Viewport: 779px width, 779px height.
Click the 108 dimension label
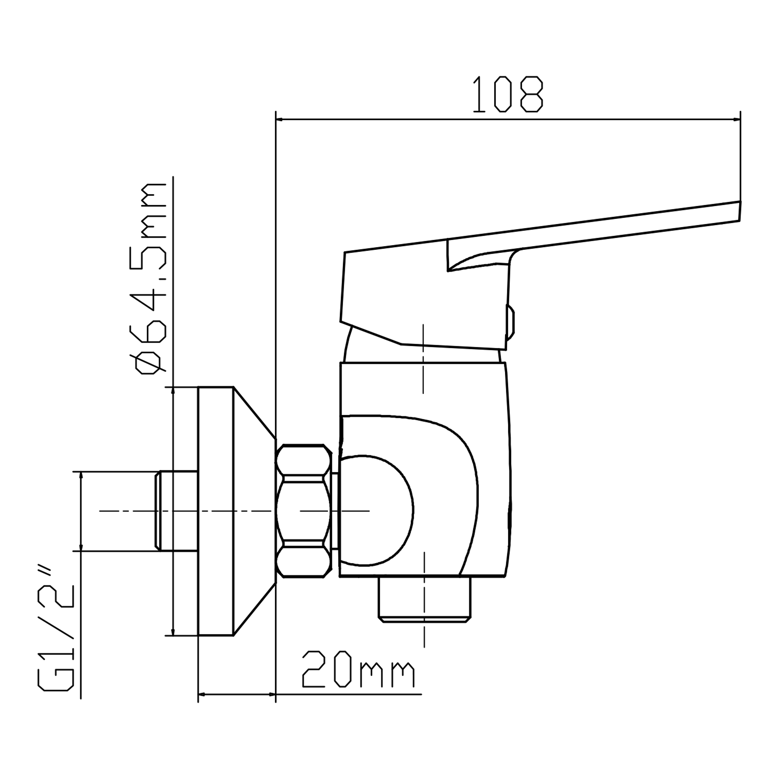tap(508, 94)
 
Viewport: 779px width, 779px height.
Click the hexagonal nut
tap(304, 511)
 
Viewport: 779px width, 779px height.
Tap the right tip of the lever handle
tap(740, 210)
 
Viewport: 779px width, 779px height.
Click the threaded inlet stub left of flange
tap(176, 511)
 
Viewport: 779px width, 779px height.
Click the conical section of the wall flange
tap(254, 511)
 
